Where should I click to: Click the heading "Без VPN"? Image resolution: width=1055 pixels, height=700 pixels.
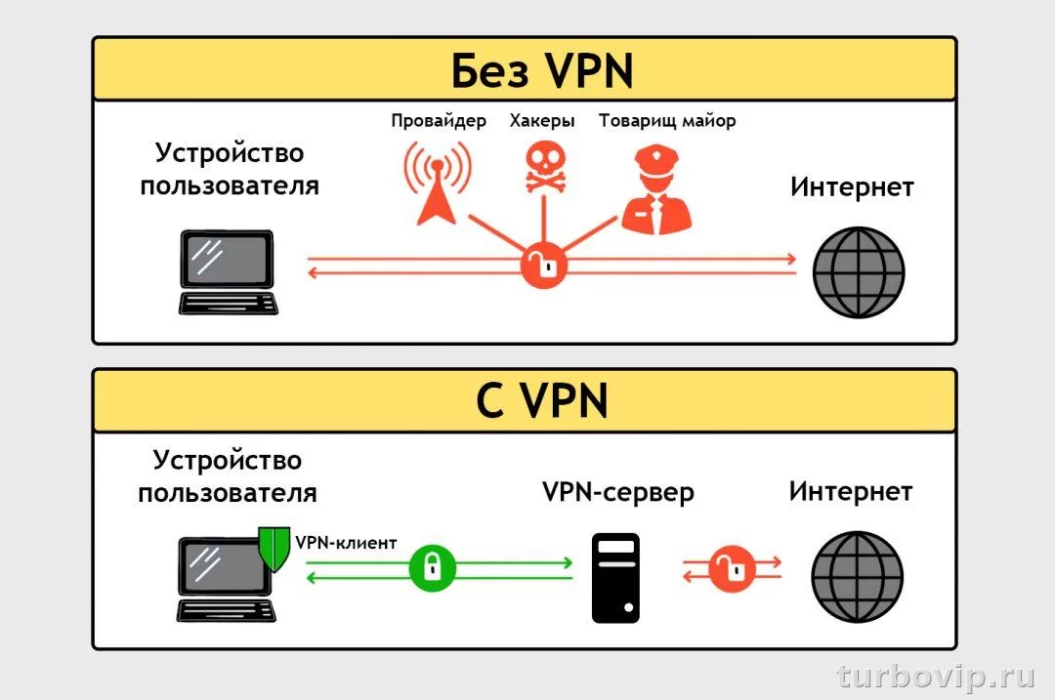(542, 70)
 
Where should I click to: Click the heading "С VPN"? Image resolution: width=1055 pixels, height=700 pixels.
(542, 401)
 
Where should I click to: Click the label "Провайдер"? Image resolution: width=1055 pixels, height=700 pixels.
(439, 121)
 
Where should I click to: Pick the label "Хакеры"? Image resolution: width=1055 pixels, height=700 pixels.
(542, 121)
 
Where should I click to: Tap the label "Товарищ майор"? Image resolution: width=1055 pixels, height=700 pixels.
(667, 121)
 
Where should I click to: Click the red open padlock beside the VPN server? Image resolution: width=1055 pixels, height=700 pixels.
(731, 568)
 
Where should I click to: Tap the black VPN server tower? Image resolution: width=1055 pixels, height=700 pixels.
(616, 577)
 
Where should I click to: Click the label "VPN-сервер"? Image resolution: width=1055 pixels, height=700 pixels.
(618, 492)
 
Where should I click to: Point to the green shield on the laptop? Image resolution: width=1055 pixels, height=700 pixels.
(274, 550)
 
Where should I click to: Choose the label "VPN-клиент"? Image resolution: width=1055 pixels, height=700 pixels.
(346, 543)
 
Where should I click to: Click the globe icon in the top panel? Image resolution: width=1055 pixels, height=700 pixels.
(860, 272)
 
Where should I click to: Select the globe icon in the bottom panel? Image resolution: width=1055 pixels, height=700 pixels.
(858, 576)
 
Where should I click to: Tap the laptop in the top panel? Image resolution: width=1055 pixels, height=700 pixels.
(228, 272)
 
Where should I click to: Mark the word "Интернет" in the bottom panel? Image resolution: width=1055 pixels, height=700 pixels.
(851, 491)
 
